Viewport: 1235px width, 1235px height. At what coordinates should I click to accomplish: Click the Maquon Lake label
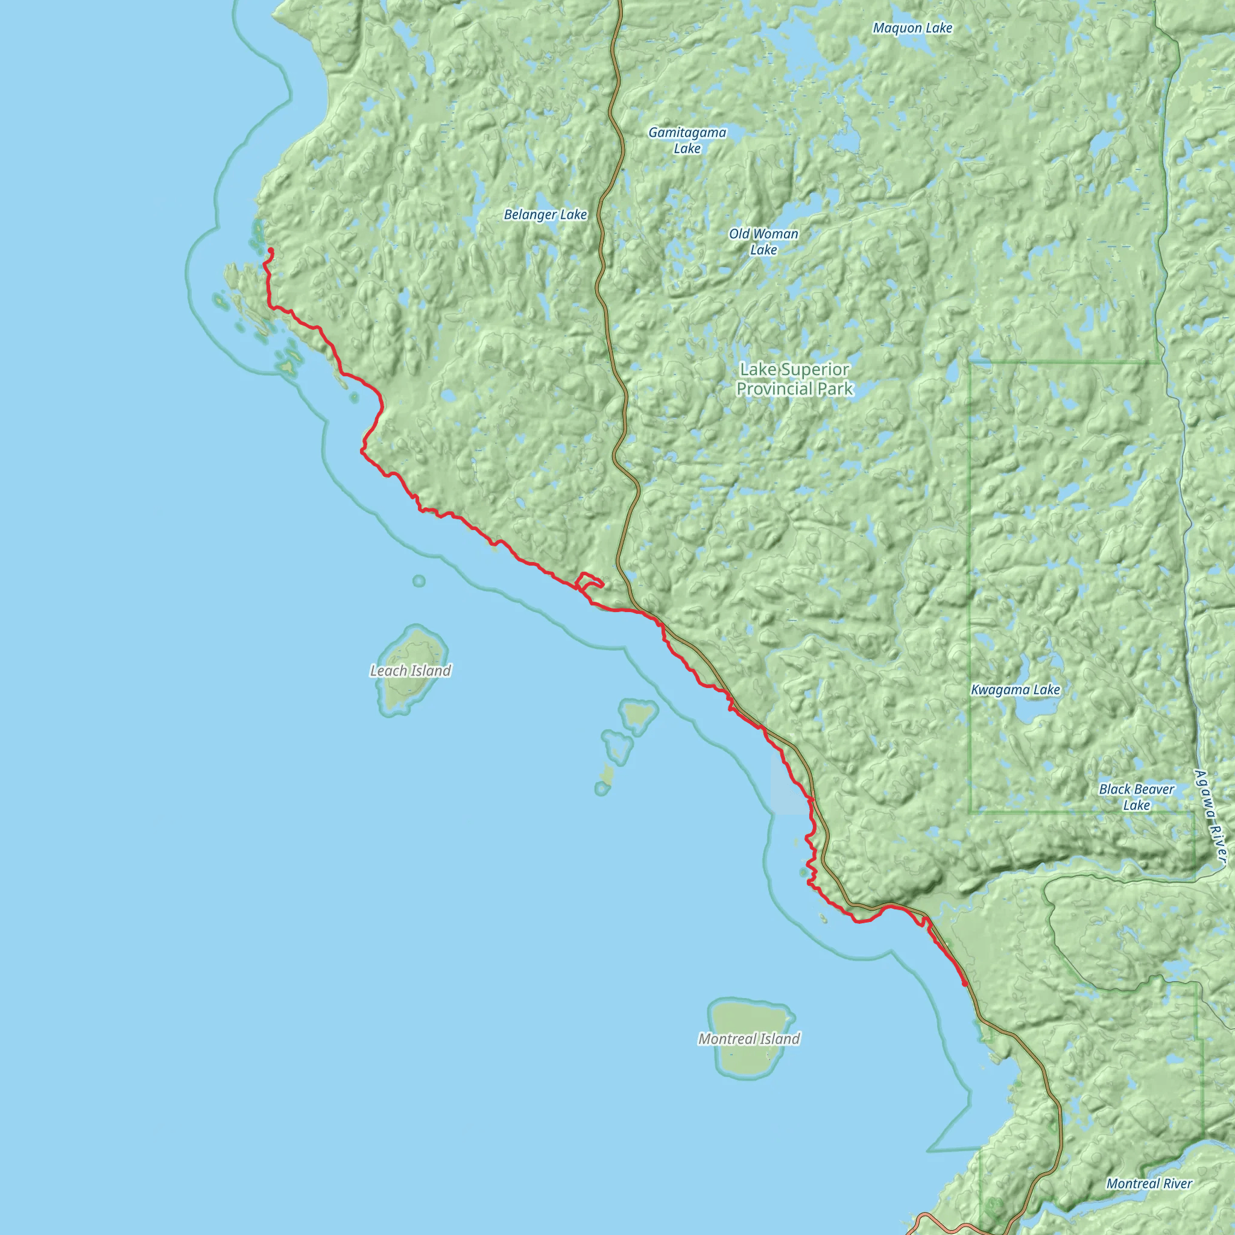coord(912,28)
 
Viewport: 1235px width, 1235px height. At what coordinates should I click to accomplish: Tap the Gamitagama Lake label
coord(687,140)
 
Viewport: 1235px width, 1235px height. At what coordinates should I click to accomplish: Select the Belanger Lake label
coord(545,215)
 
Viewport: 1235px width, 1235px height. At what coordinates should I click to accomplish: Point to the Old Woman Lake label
coord(763,242)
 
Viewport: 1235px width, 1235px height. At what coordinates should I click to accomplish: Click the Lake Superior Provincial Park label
coord(795,379)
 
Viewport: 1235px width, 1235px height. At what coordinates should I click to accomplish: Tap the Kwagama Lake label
coord(1015,690)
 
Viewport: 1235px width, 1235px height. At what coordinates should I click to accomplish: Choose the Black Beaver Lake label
coord(1136,797)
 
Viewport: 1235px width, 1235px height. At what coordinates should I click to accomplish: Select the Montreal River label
coord(1149,1183)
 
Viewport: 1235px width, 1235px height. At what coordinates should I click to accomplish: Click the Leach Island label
coord(411,671)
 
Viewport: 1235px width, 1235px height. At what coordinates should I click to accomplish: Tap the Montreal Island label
coord(748,1039)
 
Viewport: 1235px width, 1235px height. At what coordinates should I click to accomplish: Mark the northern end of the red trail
coord(271,250)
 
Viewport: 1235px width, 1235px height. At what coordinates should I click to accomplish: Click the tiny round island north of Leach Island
coord(419,581)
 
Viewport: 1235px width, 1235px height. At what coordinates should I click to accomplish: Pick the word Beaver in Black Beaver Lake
coord(1153,789)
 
